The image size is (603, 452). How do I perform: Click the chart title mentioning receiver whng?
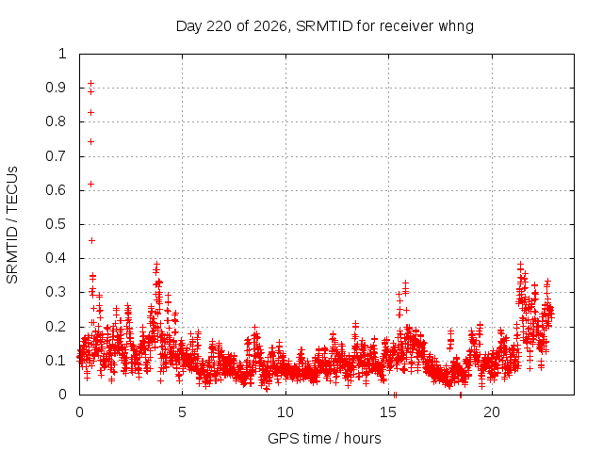[325, 26]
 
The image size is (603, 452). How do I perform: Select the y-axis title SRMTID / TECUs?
[12, 225]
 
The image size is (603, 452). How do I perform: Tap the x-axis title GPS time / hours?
[324, 438]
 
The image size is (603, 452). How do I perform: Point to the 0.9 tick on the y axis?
[57, 88]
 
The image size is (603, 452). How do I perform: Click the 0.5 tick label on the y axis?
[57, 224]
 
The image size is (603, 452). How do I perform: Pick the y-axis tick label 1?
[62, 54]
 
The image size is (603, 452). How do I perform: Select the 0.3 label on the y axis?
[57, 292]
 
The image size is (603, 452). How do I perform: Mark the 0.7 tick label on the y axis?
[57, 156]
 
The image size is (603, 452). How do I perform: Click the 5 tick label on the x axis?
[182, 412]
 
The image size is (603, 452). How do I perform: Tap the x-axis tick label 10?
[285, 412]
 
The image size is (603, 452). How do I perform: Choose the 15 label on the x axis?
[388, 412]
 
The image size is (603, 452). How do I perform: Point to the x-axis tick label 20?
[492, 412]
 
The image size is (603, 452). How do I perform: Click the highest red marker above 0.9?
[90, 83]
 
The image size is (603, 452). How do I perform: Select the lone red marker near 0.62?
[90, 185]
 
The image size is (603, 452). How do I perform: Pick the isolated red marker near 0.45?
[91, 241]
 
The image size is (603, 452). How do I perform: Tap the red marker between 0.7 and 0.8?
[90, 142]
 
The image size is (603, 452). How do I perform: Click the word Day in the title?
[188, 26]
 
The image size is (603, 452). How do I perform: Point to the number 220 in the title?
[220, 26]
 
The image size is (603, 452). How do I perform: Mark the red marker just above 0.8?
[90, 113]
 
